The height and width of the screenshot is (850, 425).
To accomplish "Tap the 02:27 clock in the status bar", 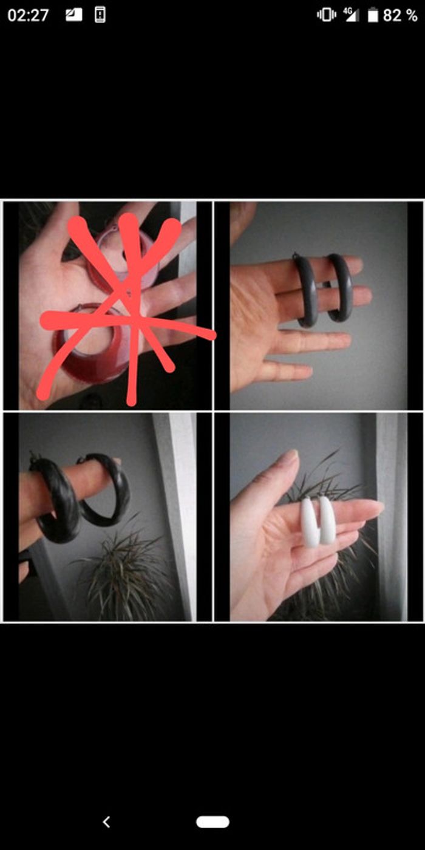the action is pos(28,15).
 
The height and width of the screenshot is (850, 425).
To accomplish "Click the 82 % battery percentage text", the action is pos(400,15).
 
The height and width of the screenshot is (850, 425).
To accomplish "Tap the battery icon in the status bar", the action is pos(373,15).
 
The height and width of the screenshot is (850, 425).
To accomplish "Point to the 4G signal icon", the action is pos(351,15).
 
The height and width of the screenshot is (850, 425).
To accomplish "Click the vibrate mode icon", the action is pos(327,15).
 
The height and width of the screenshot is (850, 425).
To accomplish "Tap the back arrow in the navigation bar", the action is pos(107,822).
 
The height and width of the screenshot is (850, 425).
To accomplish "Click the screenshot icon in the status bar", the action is pos(73,15).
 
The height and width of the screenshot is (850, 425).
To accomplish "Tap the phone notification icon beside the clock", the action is pos(100,15).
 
